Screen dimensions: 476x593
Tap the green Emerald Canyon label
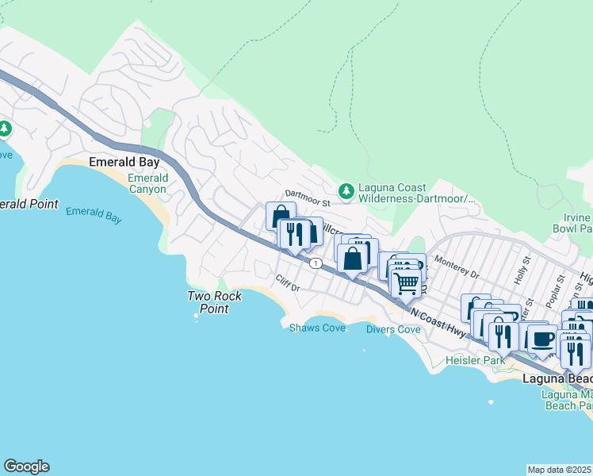tap(147, 183)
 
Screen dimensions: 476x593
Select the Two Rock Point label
tap(209, 302)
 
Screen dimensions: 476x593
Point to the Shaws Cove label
tap(317, 328)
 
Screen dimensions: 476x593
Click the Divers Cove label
tap(393, 329)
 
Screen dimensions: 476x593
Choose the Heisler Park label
tap(476, 361)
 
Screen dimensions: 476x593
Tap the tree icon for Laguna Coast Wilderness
tap(346, 191)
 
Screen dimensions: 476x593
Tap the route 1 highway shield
tap(316, 263)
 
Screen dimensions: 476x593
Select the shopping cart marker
tap(406, 282)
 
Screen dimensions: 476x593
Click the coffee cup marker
tap(543, 339)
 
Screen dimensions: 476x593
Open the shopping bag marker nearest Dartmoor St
tap(281, 216)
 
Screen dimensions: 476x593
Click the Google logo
tap(26, 466)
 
